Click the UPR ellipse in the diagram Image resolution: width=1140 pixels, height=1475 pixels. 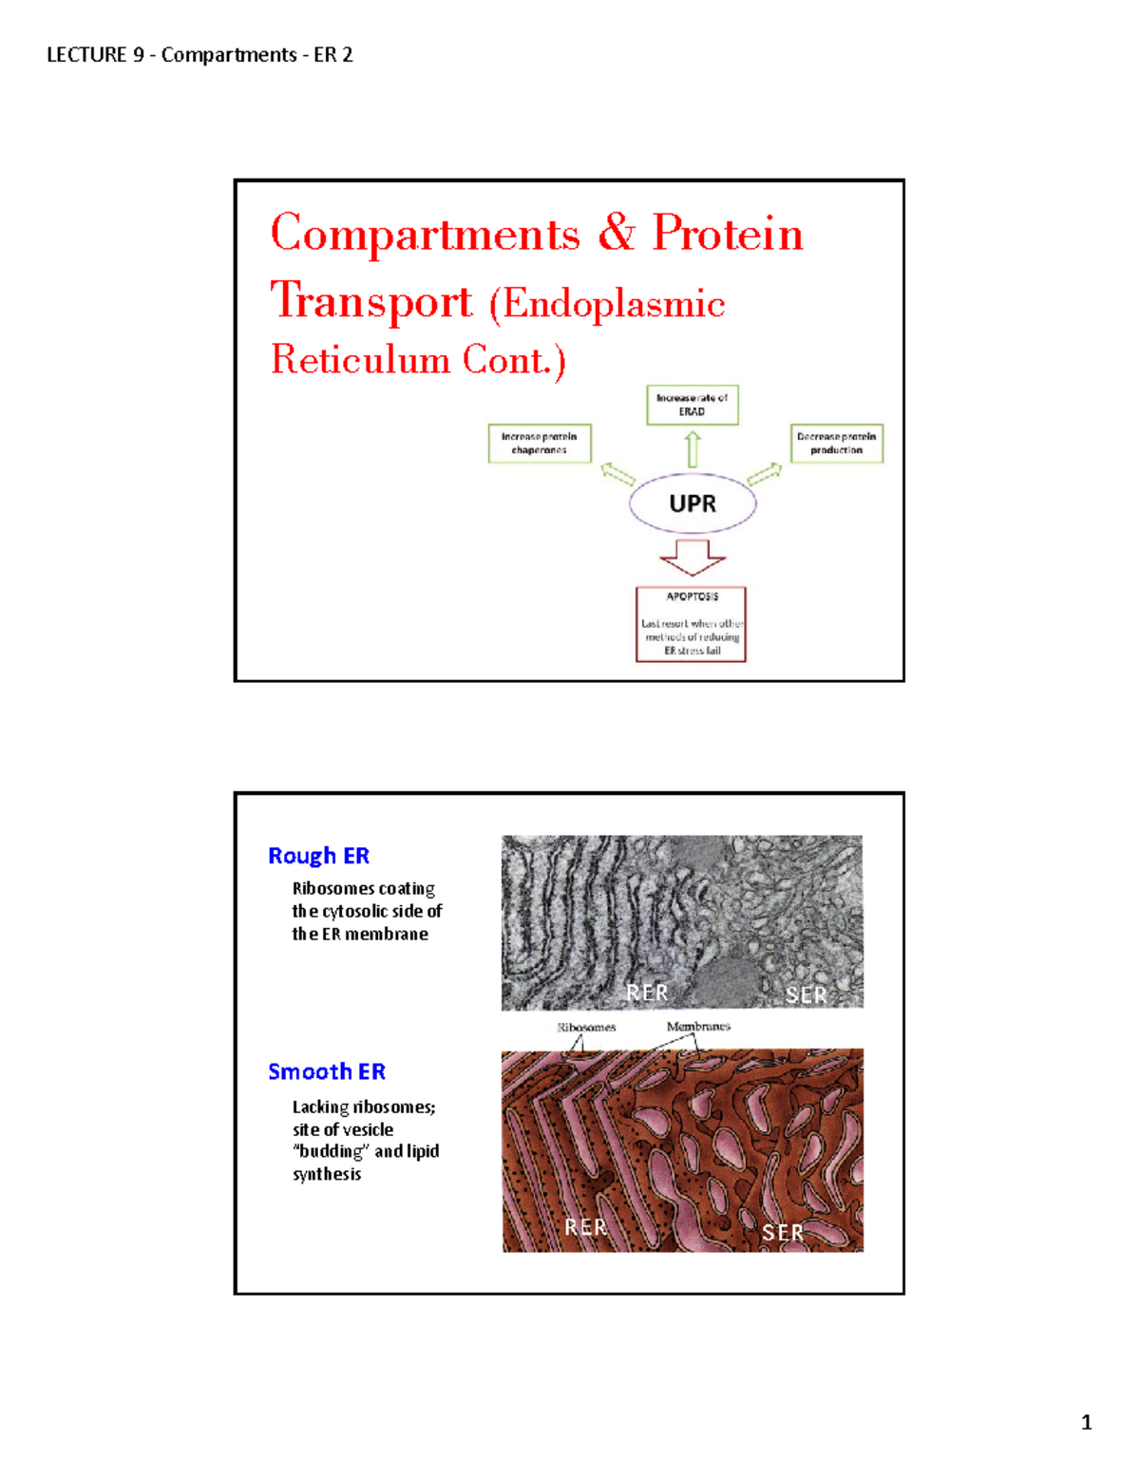coord(693,504)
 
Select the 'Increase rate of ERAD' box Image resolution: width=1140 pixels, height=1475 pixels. coord(692,405)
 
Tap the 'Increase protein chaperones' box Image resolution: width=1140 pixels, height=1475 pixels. coord(540,444)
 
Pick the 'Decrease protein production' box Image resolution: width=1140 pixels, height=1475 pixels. coord(836,444)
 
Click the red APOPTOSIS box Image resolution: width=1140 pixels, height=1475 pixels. coord(691,623)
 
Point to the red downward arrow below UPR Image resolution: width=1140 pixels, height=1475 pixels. coord(693,558)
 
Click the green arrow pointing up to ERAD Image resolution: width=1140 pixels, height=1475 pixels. coord(693,448)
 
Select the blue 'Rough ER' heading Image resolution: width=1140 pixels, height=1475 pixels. coord(318,856)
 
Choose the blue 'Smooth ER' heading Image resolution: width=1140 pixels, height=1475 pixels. coord(327,1071)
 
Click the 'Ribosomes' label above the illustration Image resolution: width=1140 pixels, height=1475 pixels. coord(586,1027)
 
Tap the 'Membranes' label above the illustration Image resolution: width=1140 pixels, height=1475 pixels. coord(698,1026)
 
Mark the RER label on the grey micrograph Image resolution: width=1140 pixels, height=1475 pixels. coord(647,993)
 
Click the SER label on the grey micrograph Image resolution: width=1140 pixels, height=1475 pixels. coord(806,994)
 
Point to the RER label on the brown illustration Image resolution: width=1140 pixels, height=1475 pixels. coord(585,1227)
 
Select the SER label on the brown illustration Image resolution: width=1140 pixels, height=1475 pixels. coord(783,1233)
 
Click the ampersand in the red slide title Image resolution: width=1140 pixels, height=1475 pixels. coord(617,233)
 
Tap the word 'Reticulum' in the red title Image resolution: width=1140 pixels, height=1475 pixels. coord(360,360)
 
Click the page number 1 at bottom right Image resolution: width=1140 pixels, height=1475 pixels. coord(1086,1423)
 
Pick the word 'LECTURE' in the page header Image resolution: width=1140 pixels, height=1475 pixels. coord(86,55)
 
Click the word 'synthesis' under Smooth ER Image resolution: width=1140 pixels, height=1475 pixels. coord(327,1174)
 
